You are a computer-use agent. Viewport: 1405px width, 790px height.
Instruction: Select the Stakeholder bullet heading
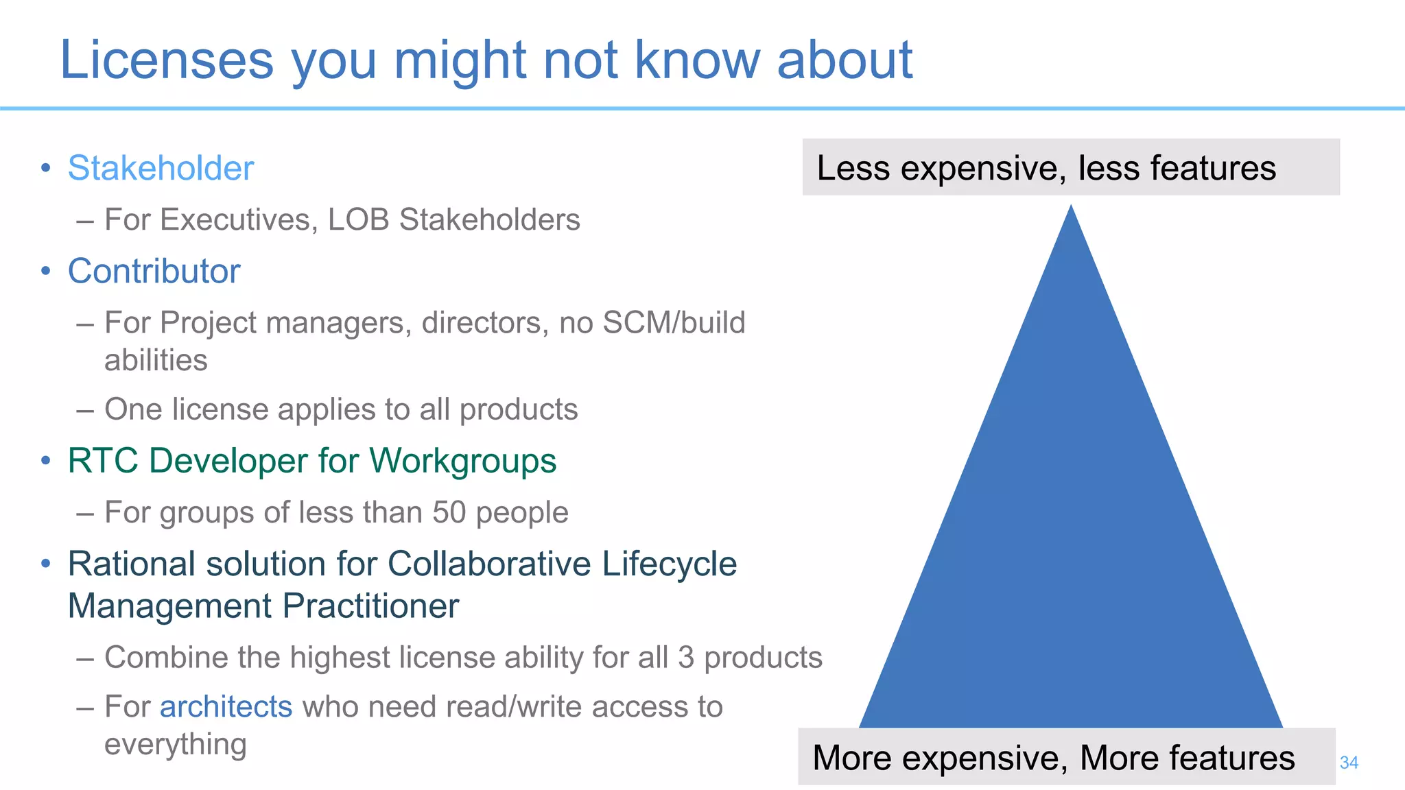[161, 168]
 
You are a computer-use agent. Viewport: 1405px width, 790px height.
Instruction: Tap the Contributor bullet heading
[154, 271]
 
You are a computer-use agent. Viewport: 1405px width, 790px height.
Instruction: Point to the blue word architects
[226, 706]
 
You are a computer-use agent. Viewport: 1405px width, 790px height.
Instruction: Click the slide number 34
[1349, 763]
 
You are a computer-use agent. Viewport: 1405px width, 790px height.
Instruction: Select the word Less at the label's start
[853, 168]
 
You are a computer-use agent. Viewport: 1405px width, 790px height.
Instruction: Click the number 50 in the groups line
[449, 512]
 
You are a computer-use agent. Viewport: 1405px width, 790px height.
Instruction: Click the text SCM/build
[673, 322]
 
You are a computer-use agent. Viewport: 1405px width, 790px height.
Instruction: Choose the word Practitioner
[370, 606]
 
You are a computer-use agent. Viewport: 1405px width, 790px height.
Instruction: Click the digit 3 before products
[686, 657]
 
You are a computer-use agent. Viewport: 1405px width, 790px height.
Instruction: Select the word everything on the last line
[175, 745]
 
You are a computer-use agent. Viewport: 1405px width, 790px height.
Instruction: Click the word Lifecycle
[669, 564]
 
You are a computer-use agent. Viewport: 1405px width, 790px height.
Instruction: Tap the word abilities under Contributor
[156, 361]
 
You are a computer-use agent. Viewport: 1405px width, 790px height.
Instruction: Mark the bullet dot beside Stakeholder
[45, 168]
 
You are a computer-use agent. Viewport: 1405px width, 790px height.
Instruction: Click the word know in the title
[697, 60]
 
